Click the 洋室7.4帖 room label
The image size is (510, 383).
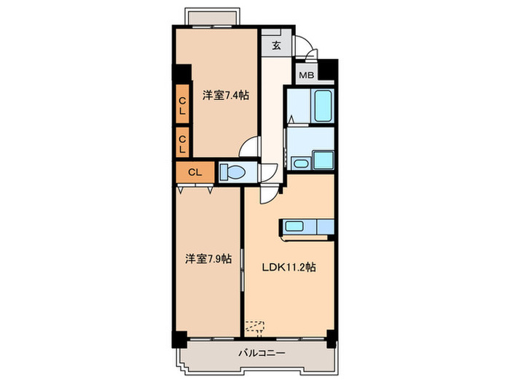[226, 96]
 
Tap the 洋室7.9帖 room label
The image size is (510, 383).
[208, 259]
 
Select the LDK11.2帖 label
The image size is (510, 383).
[289, 268]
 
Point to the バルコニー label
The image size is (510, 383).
[262, 353]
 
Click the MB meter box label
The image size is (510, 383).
[307, 75]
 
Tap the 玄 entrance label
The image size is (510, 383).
[276, 45]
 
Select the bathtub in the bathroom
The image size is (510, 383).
[323, 106]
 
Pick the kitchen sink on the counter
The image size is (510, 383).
[294, 226]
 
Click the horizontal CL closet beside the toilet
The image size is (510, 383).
[195, 172]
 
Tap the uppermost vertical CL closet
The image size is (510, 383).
[182, 104]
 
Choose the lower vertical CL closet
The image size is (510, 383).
[182, 143]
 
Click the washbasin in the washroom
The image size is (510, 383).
[301, 163]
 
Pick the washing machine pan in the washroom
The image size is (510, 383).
[323, 160]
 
